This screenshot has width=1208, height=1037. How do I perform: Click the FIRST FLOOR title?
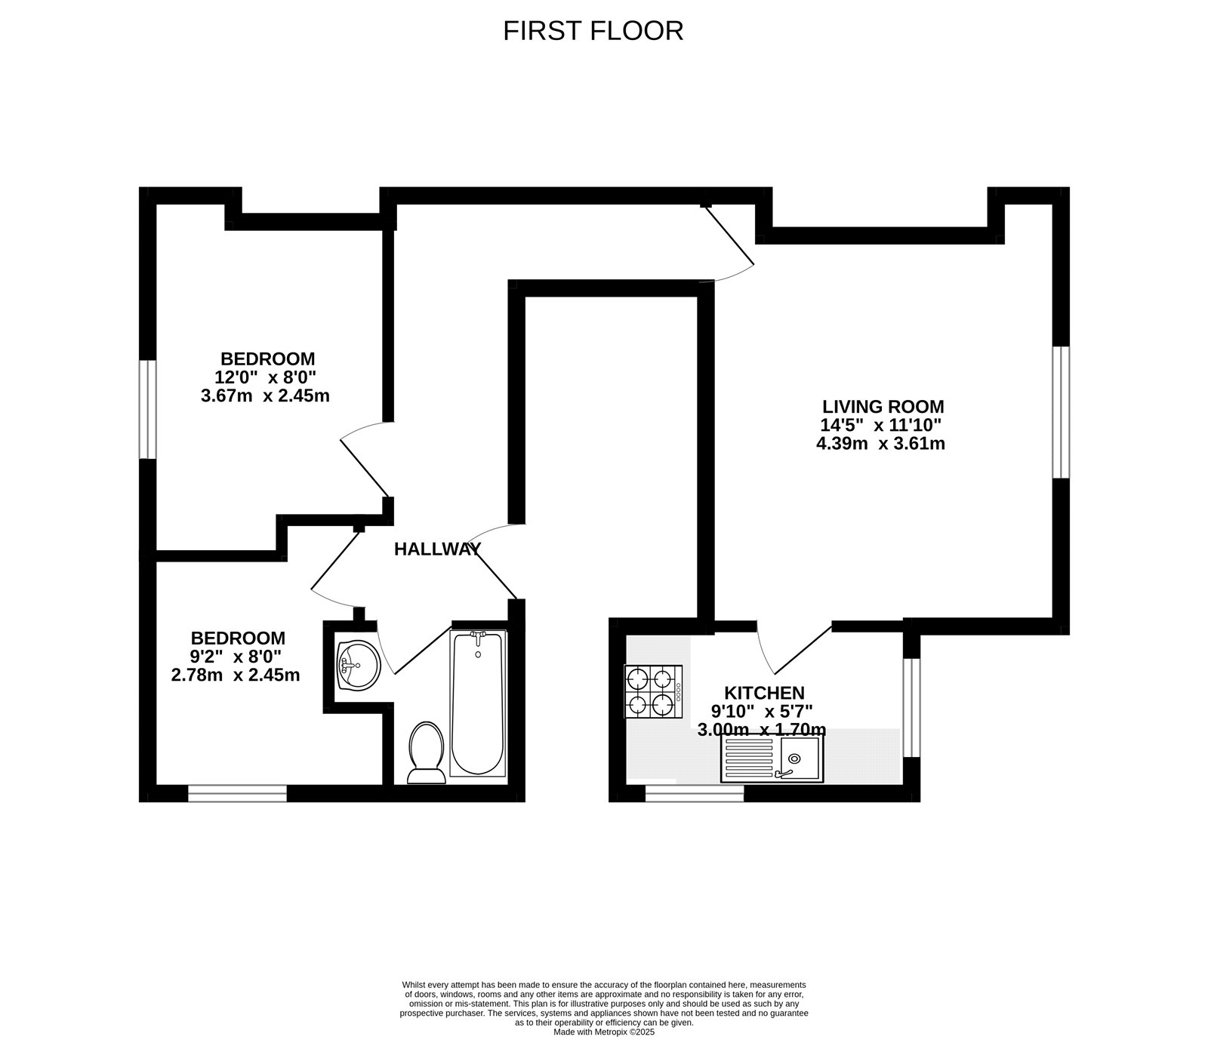pos(593,31)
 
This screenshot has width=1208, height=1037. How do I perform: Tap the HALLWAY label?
pos(437,549)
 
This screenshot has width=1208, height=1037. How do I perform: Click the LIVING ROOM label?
pos(883,407)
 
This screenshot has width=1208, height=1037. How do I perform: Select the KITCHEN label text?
pos(764,693)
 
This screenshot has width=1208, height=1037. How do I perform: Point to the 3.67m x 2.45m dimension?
pos(265,395)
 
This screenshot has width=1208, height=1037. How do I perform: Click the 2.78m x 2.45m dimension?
pos(236,675)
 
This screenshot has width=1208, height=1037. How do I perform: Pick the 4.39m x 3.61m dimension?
pos(880,444)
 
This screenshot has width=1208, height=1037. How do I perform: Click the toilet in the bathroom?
pos(425,752)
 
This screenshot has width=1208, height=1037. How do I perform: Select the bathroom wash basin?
pos(358,665)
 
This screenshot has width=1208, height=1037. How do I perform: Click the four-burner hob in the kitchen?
pos(653,691)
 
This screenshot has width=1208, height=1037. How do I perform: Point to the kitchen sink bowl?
pos(800,758)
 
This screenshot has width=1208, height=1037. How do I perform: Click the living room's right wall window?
pos(1061,412)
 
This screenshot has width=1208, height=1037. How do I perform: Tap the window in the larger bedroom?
pos(147,409)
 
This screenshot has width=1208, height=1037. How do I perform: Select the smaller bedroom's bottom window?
pos(237,792)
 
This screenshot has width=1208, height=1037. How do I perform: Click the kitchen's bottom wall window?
pos(694,792)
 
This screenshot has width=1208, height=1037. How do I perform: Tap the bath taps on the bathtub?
pos(477,638)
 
